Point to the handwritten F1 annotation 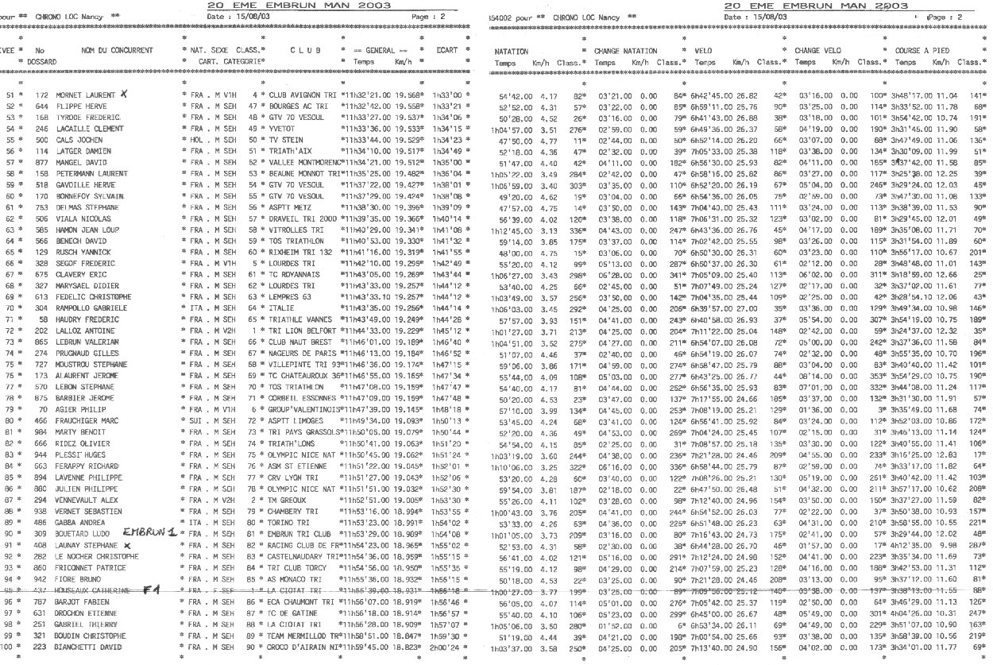pos(152,590)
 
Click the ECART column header pos(447,50)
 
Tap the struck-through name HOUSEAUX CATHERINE pos(94,591)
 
